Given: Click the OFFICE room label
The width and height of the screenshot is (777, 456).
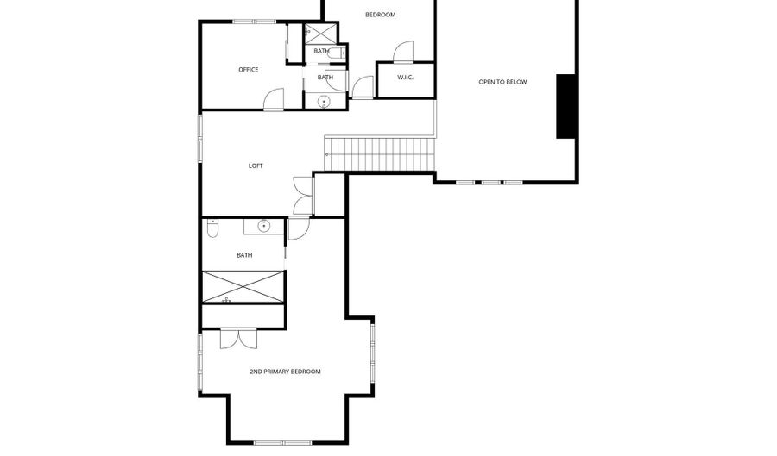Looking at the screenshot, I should coord(248,70).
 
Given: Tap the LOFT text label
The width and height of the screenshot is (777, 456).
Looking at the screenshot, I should coord(256,166).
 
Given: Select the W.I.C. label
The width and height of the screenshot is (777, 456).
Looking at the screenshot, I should coord(405,78).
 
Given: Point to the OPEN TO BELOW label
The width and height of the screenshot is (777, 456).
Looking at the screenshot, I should coord(502,82).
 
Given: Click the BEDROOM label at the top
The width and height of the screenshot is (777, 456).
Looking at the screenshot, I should coord(380,15).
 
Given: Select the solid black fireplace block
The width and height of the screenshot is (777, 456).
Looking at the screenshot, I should coord(566,106).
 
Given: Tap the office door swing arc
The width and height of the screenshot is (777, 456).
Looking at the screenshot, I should coord(274,100).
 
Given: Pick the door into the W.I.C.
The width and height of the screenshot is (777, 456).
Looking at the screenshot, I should coord(402,53).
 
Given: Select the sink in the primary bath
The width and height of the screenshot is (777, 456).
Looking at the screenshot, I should coord(263,227).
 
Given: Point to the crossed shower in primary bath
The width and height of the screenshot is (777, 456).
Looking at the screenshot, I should coord(243,286).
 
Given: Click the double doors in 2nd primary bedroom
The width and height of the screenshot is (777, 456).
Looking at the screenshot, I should coord(237,338).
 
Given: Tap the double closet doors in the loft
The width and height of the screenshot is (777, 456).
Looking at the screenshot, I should coord(301,196).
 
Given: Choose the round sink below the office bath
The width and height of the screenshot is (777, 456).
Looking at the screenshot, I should coord(325,102).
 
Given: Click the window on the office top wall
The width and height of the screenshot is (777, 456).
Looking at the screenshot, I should coord(254,22).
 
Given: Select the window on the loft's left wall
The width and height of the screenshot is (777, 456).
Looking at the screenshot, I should coord(200,138).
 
